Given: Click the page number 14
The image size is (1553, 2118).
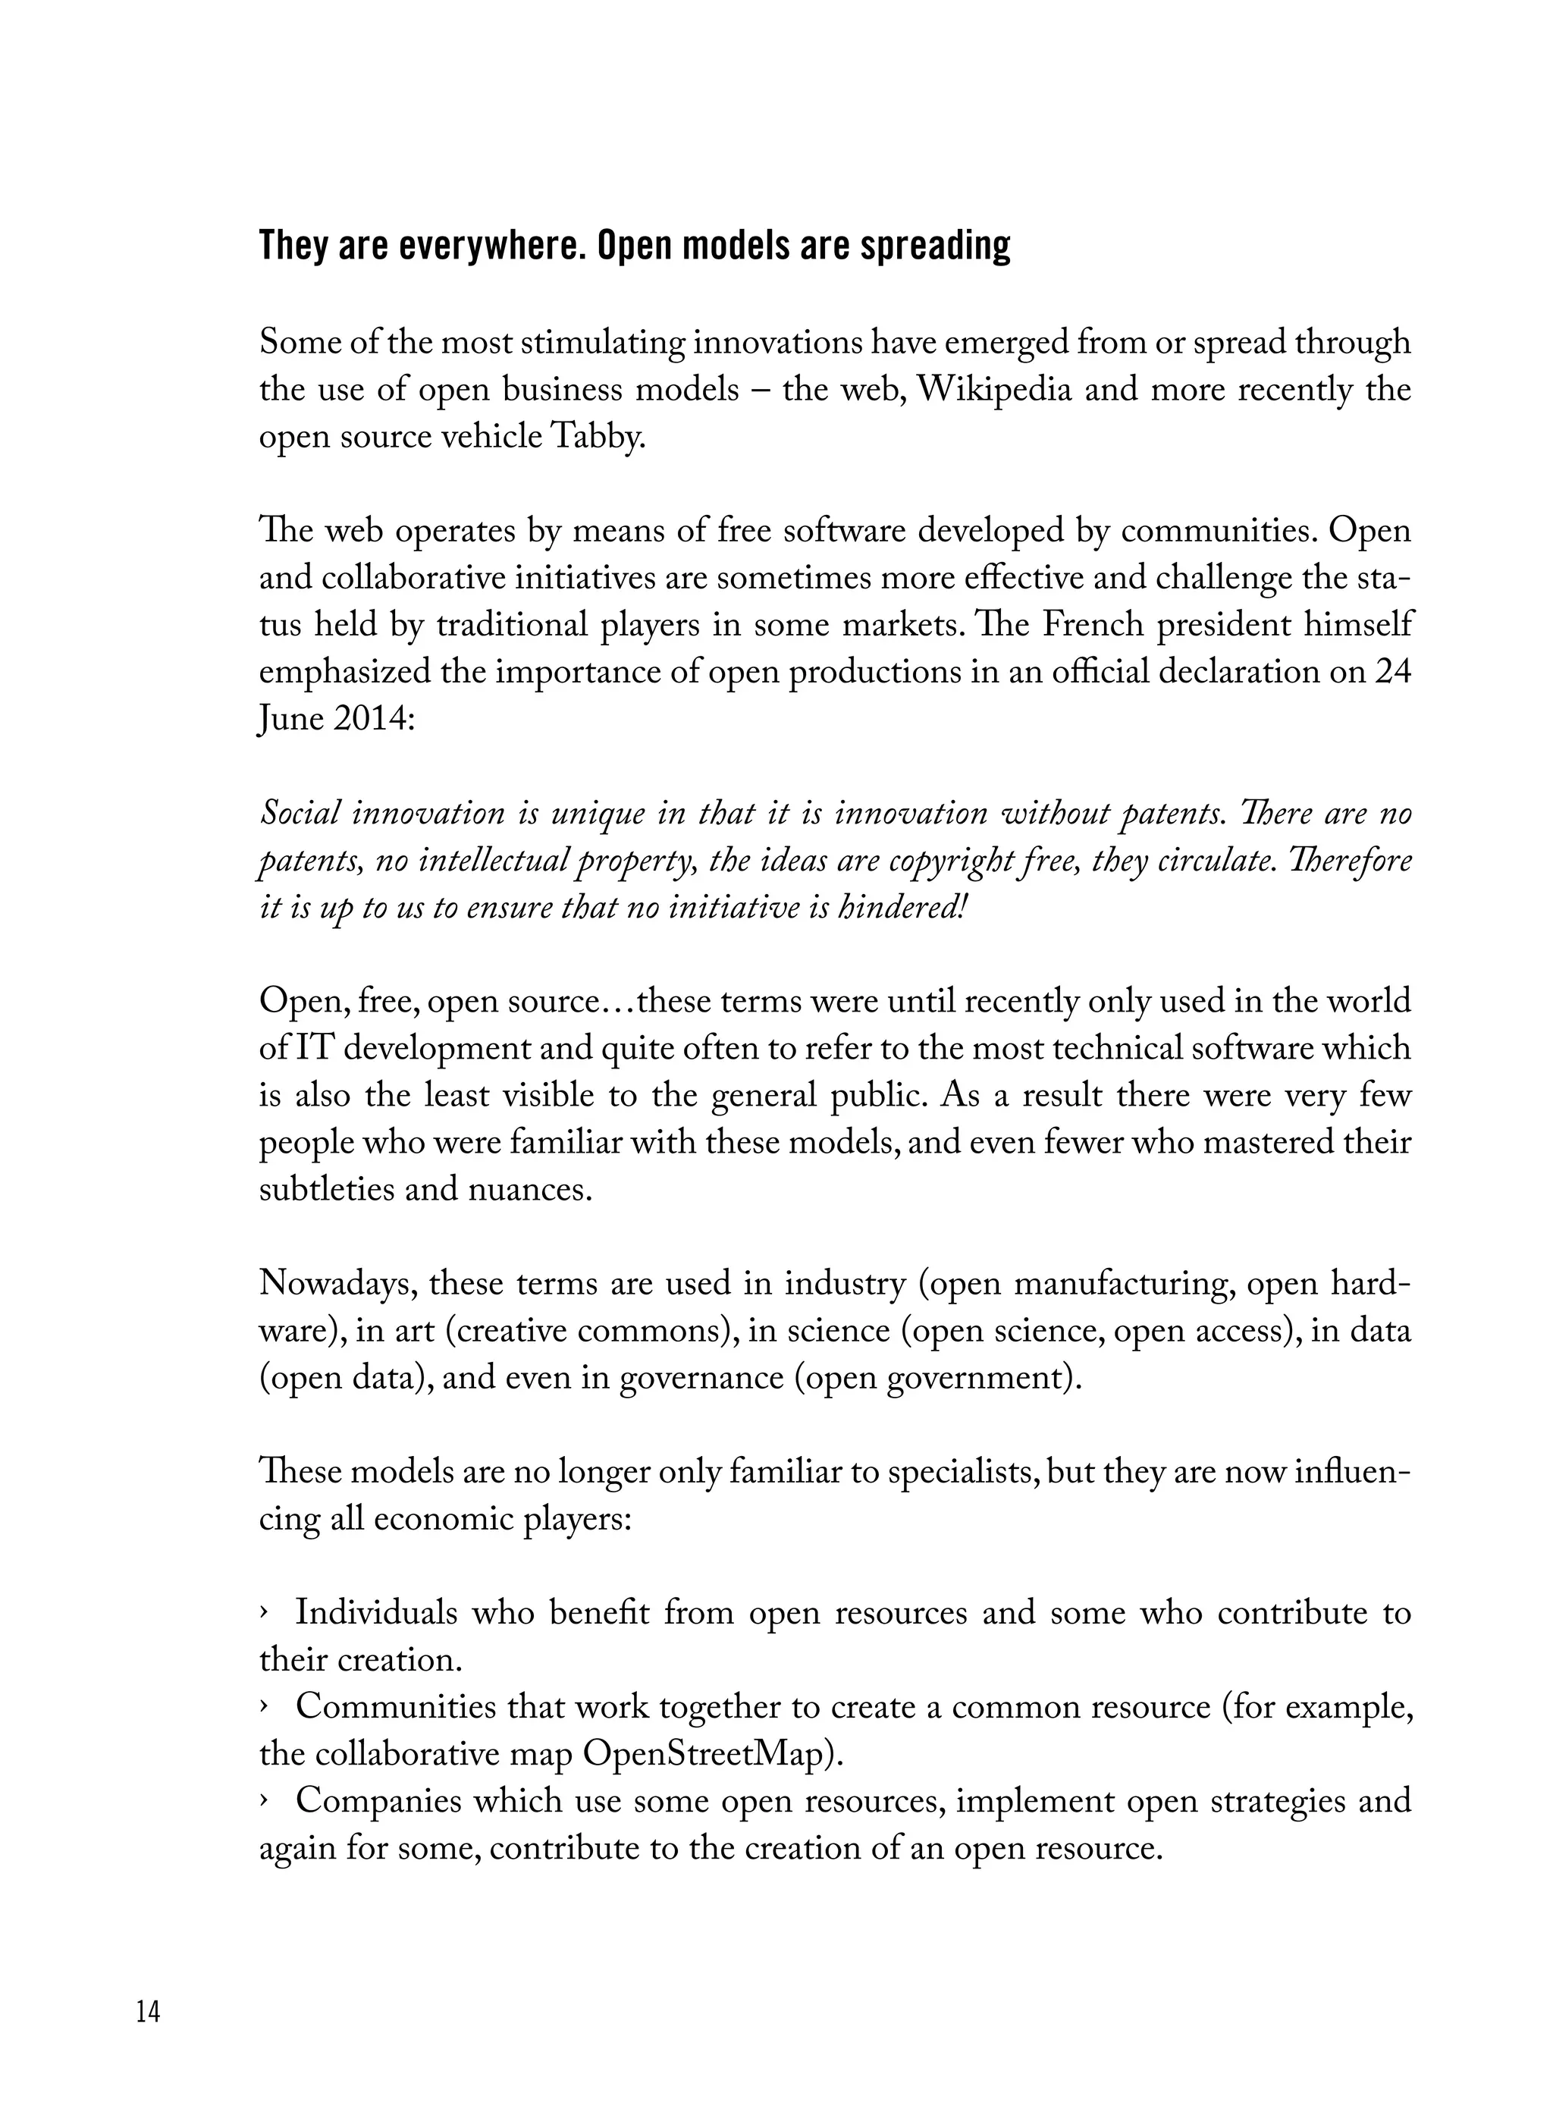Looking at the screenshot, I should click(x=149, y=2012).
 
